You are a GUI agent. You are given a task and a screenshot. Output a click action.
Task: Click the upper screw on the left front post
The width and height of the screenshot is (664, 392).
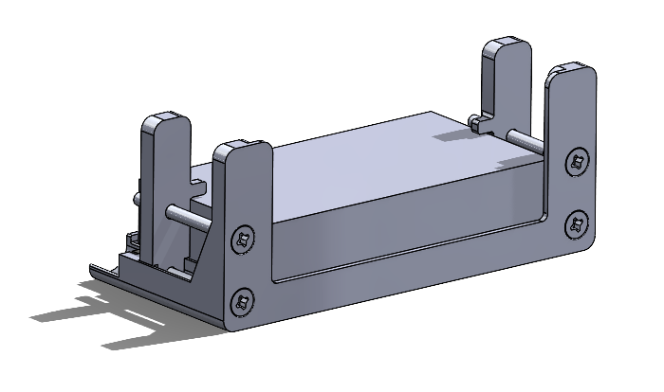coord(244,239)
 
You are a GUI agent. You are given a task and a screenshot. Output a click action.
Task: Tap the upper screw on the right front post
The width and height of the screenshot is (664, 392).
coord(576,162)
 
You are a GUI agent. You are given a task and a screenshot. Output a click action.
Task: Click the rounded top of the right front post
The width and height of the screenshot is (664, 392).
coord(572,71)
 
